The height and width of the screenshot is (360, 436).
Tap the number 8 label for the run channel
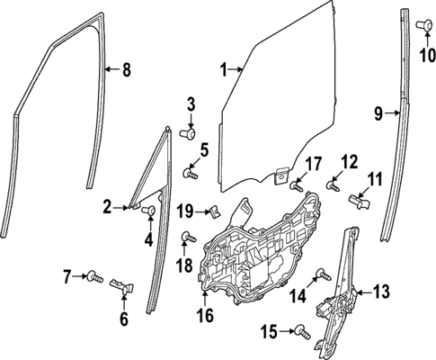coord(126,69)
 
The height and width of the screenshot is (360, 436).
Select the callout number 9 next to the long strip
coord(378,112)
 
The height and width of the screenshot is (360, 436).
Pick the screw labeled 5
coord(190,169)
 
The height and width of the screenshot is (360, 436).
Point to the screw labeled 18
coord(187,238)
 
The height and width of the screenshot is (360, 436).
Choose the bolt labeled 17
coord(296,186)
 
